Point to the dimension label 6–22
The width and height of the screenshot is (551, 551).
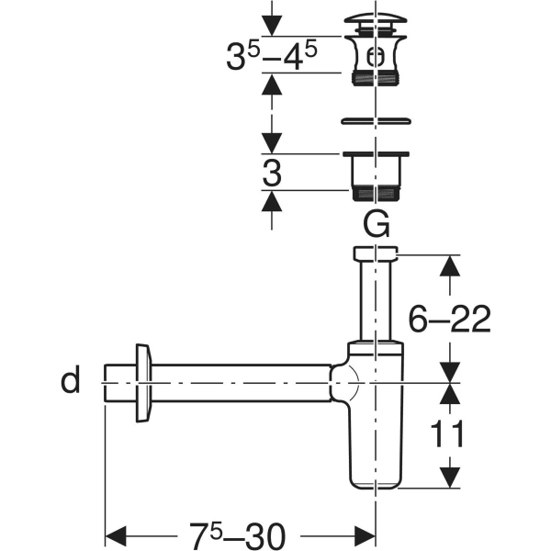point(449,319)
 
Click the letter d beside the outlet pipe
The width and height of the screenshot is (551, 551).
point(71,378)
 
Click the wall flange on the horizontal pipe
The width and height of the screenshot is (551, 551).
point(143,383)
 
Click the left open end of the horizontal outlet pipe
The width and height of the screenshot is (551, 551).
point(106,383)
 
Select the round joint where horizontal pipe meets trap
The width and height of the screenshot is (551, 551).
point(346,383)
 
